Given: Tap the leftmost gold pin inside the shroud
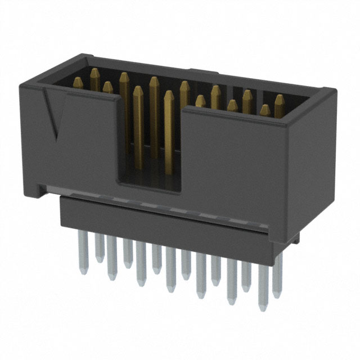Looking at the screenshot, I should (94, 79).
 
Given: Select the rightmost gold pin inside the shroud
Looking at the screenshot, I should (279, 104).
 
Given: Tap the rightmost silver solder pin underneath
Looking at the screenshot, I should (277, 284).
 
